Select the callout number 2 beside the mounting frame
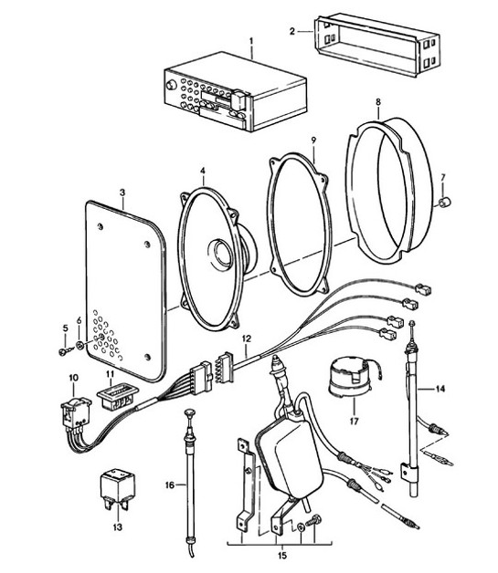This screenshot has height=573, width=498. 291,31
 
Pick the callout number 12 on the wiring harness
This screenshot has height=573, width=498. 246,339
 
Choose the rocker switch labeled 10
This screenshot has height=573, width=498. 73,412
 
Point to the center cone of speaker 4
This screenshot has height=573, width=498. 222,251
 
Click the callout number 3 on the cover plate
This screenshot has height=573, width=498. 123,193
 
